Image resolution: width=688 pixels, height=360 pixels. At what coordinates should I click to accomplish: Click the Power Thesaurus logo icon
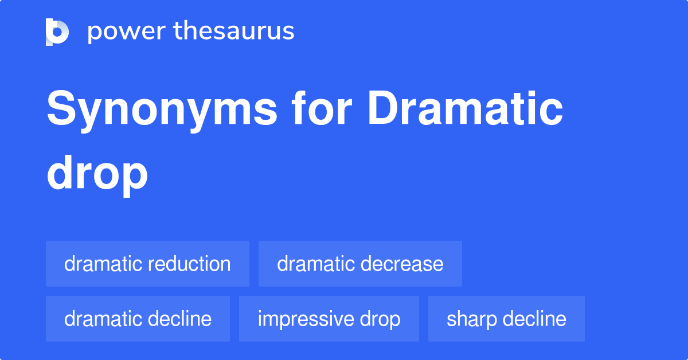[57, 32]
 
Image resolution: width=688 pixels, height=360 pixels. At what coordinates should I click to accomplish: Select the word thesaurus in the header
[234, 32]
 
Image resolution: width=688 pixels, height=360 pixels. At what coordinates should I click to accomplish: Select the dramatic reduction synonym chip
[147, 264]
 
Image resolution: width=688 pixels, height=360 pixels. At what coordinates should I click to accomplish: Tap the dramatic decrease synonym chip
[360, 264]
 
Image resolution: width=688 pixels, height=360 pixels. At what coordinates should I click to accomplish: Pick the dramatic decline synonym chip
[138, 319]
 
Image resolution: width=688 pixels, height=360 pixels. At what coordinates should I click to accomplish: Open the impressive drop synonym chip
[329, 319]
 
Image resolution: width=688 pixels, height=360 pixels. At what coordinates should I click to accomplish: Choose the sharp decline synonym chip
[506, 319]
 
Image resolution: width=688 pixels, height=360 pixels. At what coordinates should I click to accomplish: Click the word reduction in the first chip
[189, 264]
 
